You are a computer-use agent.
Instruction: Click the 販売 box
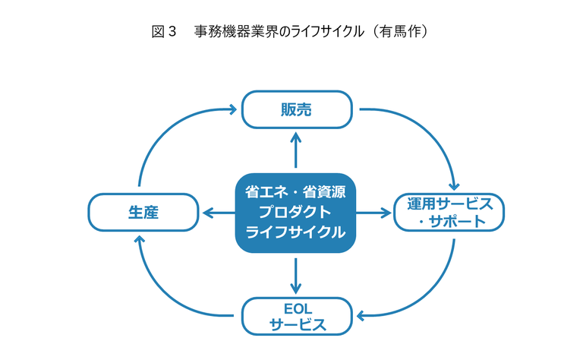[x=297, y=109]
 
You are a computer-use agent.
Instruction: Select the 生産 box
[x=143, y=213]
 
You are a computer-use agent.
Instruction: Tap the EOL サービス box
[x=297, y=316]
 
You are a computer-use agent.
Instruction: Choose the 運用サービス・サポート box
[x=449, y=213]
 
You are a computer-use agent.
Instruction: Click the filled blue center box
[x=295, y=213]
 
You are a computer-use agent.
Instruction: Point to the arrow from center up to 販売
[x=295, y=150]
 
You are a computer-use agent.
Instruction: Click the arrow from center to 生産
[x=219, y=213]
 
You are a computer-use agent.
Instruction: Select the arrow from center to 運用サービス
[x=373, y=213]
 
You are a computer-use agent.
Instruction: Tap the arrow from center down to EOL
[x=295, y=276]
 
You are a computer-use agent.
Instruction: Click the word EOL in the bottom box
[x=298, y=308]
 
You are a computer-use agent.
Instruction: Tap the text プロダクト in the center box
[x=295, y=213]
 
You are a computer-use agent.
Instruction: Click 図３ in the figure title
[x=164, y=31]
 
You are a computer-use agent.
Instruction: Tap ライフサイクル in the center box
[x=295, y=232]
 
